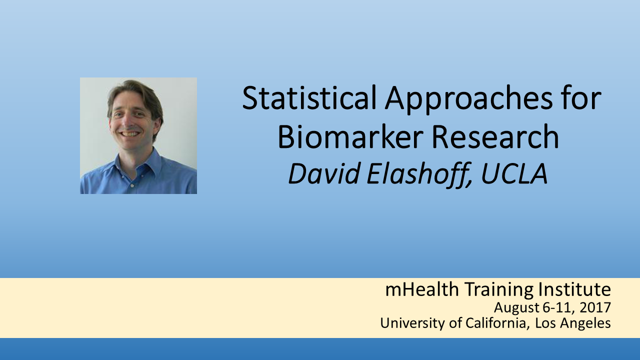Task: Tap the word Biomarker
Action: tap(350, 137)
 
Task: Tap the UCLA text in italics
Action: tap(514, 174)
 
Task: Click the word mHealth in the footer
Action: tap(422, 289)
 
